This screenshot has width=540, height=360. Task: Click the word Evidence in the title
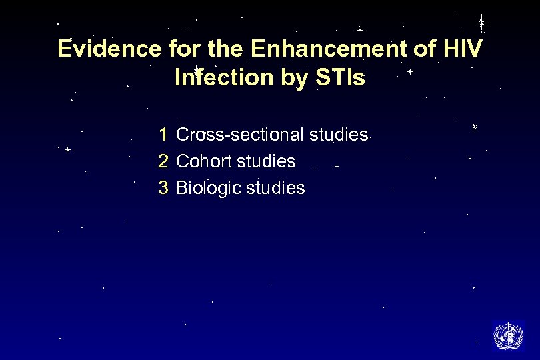[x=109, y=49]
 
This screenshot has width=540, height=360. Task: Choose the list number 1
[x=163, y=135]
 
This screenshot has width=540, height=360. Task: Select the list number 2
[x=163, y=161]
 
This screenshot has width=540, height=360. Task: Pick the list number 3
[x=163, y=189]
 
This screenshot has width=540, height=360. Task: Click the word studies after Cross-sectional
[x=339, y=135]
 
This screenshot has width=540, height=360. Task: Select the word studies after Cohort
[x=266, y=161]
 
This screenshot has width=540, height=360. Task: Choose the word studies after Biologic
[x=275, y=189]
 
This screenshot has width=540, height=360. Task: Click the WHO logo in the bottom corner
[x=508, y=335]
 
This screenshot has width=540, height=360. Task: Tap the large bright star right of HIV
[x=481, y=23]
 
